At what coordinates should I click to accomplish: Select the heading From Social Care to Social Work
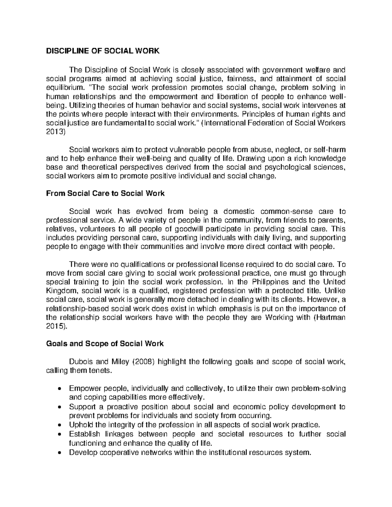106,193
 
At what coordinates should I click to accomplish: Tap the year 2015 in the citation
55,326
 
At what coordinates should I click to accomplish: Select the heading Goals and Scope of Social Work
105,343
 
